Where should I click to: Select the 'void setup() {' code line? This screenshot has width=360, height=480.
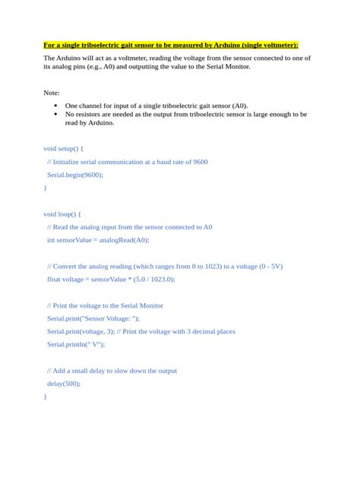[63, 148]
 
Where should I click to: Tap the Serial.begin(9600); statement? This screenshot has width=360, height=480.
[74, 174]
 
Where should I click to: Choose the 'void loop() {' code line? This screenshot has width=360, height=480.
[62, 213]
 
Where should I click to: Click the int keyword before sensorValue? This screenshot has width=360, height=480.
[51, 240]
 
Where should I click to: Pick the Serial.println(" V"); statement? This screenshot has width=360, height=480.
[75, 344]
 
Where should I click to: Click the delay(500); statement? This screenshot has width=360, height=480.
[63, 384]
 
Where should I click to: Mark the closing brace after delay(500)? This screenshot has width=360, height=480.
[45, 396]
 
